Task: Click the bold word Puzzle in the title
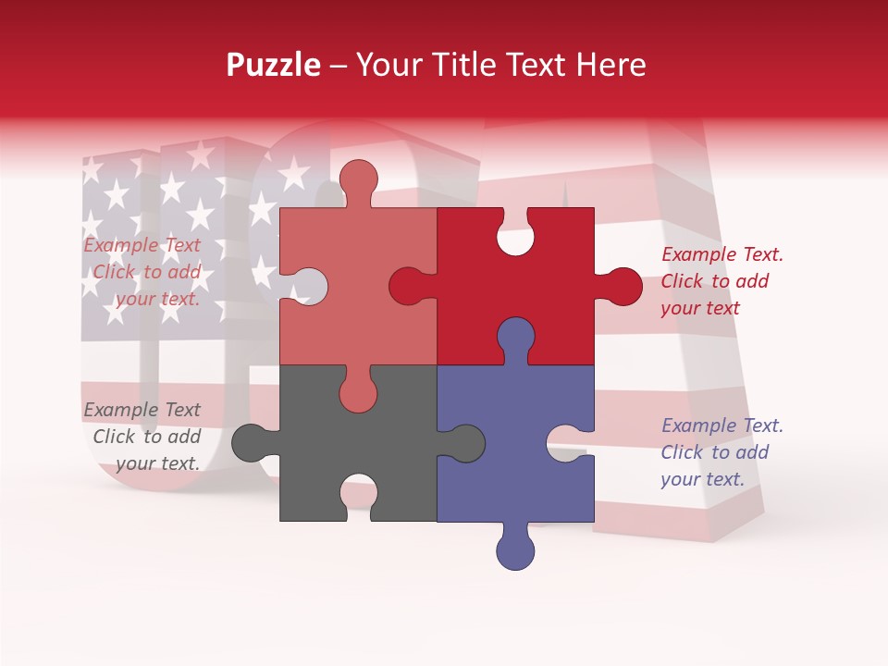pyautogui.click(x=274, y=65)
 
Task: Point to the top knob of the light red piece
pyautogui.click(x=358, y=180)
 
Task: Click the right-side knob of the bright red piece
pyautogui.click(x=620, y=286)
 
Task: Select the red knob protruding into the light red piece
pyautogui.click(x=409, y=286)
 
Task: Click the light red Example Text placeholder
pyautogui.click(x=144, y=272)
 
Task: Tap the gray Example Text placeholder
pyautogui.click(x=144, y=437)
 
